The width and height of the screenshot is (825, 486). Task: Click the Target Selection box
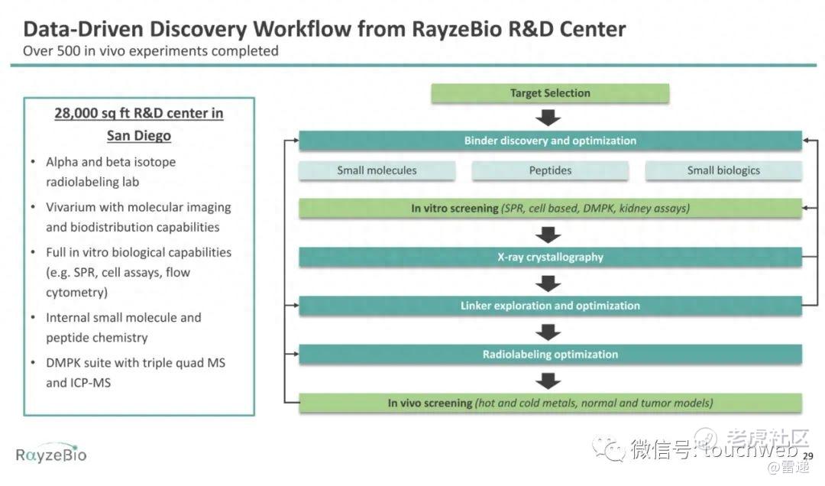(x=550, y=93)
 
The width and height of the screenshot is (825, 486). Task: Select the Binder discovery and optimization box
(x=550, y=141)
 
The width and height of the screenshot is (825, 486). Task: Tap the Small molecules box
(x=377, y=170)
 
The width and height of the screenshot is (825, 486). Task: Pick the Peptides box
(x=550, y=170)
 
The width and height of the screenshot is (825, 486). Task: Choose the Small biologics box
(x=723, y=170)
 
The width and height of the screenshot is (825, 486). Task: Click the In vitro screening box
(x=550, y=208)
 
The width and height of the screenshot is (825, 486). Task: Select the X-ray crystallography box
(x=550, y=257)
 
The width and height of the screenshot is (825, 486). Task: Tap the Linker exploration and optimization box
(x=550, y=306)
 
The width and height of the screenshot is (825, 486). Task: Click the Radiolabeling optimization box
(x=550, y=355)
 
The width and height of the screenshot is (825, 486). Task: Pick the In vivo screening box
(x=550, y=403)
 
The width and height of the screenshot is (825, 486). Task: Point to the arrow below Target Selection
(x=548, y=118)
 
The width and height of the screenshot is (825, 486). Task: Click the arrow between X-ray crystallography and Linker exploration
(x=548, y=283)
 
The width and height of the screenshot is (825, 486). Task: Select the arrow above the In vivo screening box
(x=548, y=381)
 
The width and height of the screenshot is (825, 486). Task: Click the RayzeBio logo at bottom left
(x=51, y=453)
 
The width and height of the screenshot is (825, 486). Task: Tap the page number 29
(x=808, y=456)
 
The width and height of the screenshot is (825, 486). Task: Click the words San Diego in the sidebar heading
(x=139, y=136)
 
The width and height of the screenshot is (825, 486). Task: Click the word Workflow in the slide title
(x=302, y=29)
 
